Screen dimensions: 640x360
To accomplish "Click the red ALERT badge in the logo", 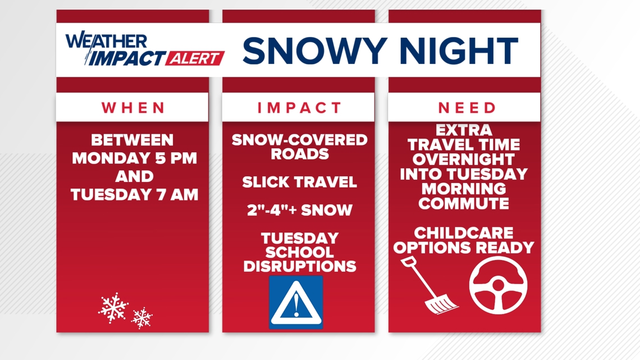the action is click(x=195, y=58).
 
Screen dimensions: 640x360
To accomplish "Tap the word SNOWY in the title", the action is click(x=314, y=51).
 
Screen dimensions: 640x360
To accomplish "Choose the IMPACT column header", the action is click(x=299, y=108).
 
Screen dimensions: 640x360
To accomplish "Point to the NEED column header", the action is click(x=467, y=108).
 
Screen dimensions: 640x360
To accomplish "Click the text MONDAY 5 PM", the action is click(x=134, y=158).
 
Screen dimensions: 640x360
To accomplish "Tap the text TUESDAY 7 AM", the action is click(x=134, y=195).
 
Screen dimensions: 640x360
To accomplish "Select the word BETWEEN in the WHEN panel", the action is click(x=132, y=140).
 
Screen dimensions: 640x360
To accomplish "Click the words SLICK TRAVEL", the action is click(x=300, y=182).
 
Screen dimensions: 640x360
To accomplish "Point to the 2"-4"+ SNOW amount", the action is click(x=300, y=210).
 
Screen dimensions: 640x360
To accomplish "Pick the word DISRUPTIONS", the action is click(x=300, y=267).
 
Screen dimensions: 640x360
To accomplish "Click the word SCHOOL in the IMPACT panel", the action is click(x=300, y=252).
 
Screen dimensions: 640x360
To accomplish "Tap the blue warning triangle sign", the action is click(x=296, y=303).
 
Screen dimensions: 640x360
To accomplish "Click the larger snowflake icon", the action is click(x=113, y=308).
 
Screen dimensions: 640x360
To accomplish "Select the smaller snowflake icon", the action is click(x=141, y=318).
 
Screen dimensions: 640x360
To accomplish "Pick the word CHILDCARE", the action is click(x=464, y=233).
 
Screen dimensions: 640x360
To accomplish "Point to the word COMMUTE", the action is click(x=464, y=203).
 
